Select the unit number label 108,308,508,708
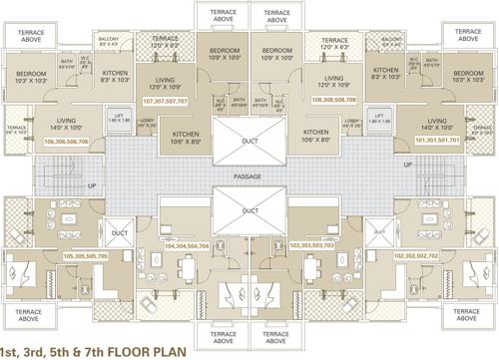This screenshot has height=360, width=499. tap(334, 101)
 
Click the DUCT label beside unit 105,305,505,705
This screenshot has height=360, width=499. tap(117, 234)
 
